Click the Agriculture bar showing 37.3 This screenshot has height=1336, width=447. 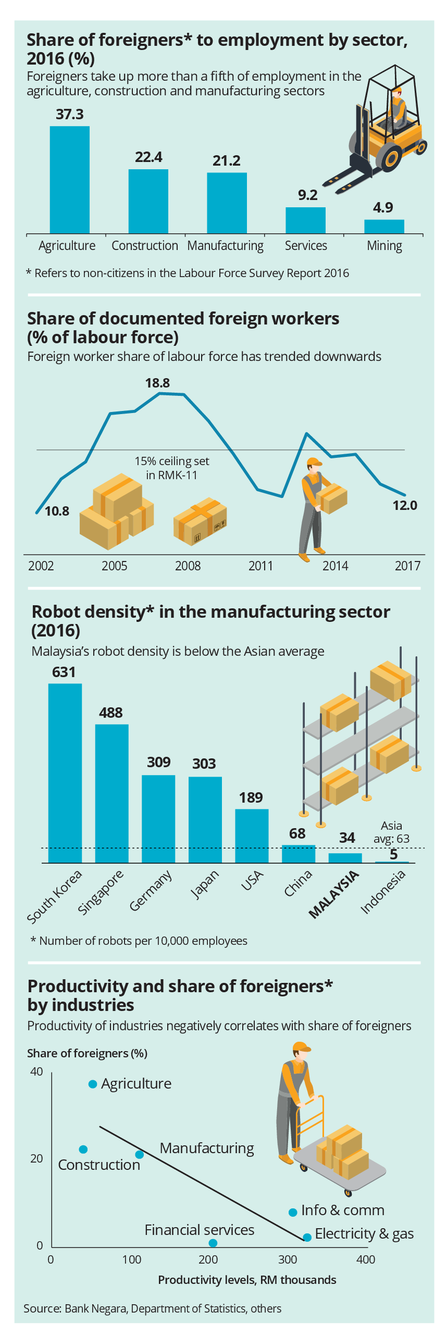click(x=69, y=180)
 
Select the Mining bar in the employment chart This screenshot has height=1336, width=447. click(x=384, y=227)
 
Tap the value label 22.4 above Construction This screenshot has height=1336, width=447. click(x=148, y=157)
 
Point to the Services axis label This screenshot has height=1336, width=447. click(x=306, y=246)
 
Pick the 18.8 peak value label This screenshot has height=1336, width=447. click(x=157, y=383)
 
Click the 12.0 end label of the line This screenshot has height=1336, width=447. click(x=405, y=506)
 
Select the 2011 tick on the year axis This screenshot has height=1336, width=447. click(x=260, y=566)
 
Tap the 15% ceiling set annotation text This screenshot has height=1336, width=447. click(x=172, y=468)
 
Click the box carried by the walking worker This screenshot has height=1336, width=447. click(x=332, y=498)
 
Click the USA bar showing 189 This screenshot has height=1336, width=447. click(x=252, y=835)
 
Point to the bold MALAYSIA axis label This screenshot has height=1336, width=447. click(x=334, y=894)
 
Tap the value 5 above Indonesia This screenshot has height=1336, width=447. click(x=394, y=855)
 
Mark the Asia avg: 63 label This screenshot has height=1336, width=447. click(x=391, y=832)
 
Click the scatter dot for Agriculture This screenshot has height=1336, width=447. click(x=93, y=1084)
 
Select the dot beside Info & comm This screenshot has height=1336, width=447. click(x=293, y=1212)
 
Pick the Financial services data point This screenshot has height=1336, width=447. click(x=213, y=1243)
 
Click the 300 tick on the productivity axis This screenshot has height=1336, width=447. click(x=288, y=1259)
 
